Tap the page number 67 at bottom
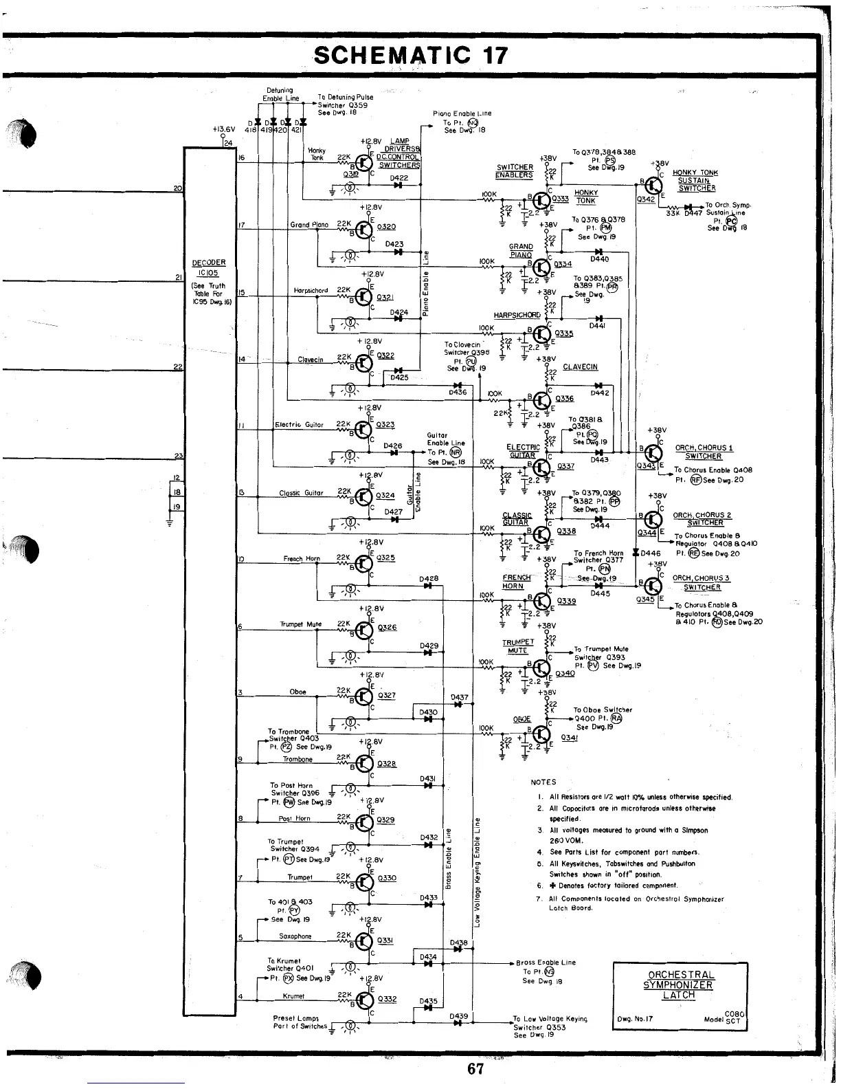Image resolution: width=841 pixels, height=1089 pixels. [475, 1069]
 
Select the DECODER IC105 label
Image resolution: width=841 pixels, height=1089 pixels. [208, 267]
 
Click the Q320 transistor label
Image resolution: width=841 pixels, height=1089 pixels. [386, 227]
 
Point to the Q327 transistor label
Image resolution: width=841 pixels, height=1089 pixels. [387, 695]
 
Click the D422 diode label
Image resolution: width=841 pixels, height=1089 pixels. [399, 177]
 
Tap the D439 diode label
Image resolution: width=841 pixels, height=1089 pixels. [458, 1016]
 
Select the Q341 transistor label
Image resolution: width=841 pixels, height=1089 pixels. [570, 738]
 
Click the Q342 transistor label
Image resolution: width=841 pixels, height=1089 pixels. [646, 199]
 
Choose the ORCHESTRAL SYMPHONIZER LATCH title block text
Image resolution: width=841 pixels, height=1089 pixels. [680, 984]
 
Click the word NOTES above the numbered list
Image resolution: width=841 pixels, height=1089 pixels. [543, 782]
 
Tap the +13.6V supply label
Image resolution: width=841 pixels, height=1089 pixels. [224, 128]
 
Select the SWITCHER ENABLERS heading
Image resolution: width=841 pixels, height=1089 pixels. [515, 171]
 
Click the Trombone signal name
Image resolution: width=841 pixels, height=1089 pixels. [298, 760]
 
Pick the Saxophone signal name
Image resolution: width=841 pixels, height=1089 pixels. [295, 936]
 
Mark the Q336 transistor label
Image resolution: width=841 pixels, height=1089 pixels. [564, 399]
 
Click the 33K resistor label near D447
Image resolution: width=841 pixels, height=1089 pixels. [673, 213]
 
